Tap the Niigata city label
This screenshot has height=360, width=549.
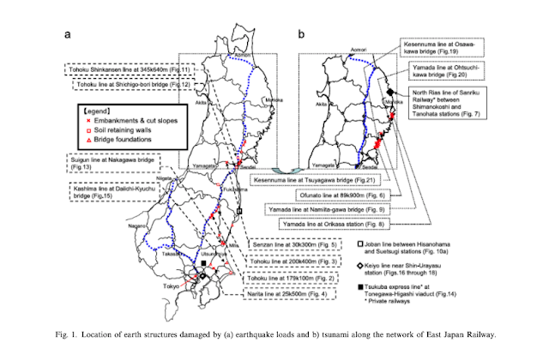coord(168,177)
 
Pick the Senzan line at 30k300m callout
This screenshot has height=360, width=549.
coord(294,245)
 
